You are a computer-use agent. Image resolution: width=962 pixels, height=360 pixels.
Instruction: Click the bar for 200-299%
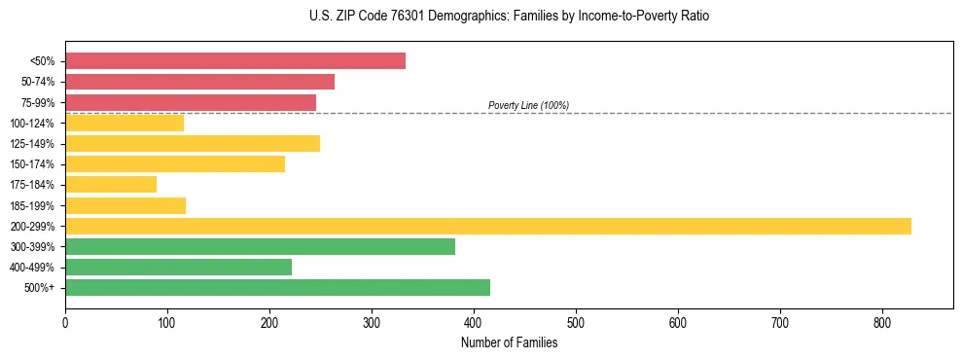click(x=487, y=226)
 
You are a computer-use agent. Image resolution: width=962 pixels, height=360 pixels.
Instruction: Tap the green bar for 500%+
click(x=277, y=287)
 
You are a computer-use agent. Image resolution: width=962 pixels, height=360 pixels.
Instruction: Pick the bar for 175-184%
click(x=110, y=185)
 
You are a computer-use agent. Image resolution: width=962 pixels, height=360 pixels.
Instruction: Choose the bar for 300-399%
click(x=260, y=246)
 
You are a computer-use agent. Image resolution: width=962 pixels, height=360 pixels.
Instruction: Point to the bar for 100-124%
click(x=124, y=123)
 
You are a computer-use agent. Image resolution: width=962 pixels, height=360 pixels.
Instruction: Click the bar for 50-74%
click(x=199, y=82)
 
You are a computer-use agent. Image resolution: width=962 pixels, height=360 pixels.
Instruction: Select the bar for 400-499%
click(x=178, y=267)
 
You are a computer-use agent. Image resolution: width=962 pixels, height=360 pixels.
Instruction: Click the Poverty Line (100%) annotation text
click(x=528, y=105)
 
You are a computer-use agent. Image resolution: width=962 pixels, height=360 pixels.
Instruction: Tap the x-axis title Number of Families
click(x=509, y=342)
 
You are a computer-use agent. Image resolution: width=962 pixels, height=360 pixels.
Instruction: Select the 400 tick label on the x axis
click(x=474, y=322)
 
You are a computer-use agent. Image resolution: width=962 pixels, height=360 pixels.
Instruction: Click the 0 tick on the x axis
click(x=65, y=322)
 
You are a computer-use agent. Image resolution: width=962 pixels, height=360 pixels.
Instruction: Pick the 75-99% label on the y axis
click(x=38, y=102)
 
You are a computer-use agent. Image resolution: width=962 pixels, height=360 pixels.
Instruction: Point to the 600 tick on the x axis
click(x=678, y=322)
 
